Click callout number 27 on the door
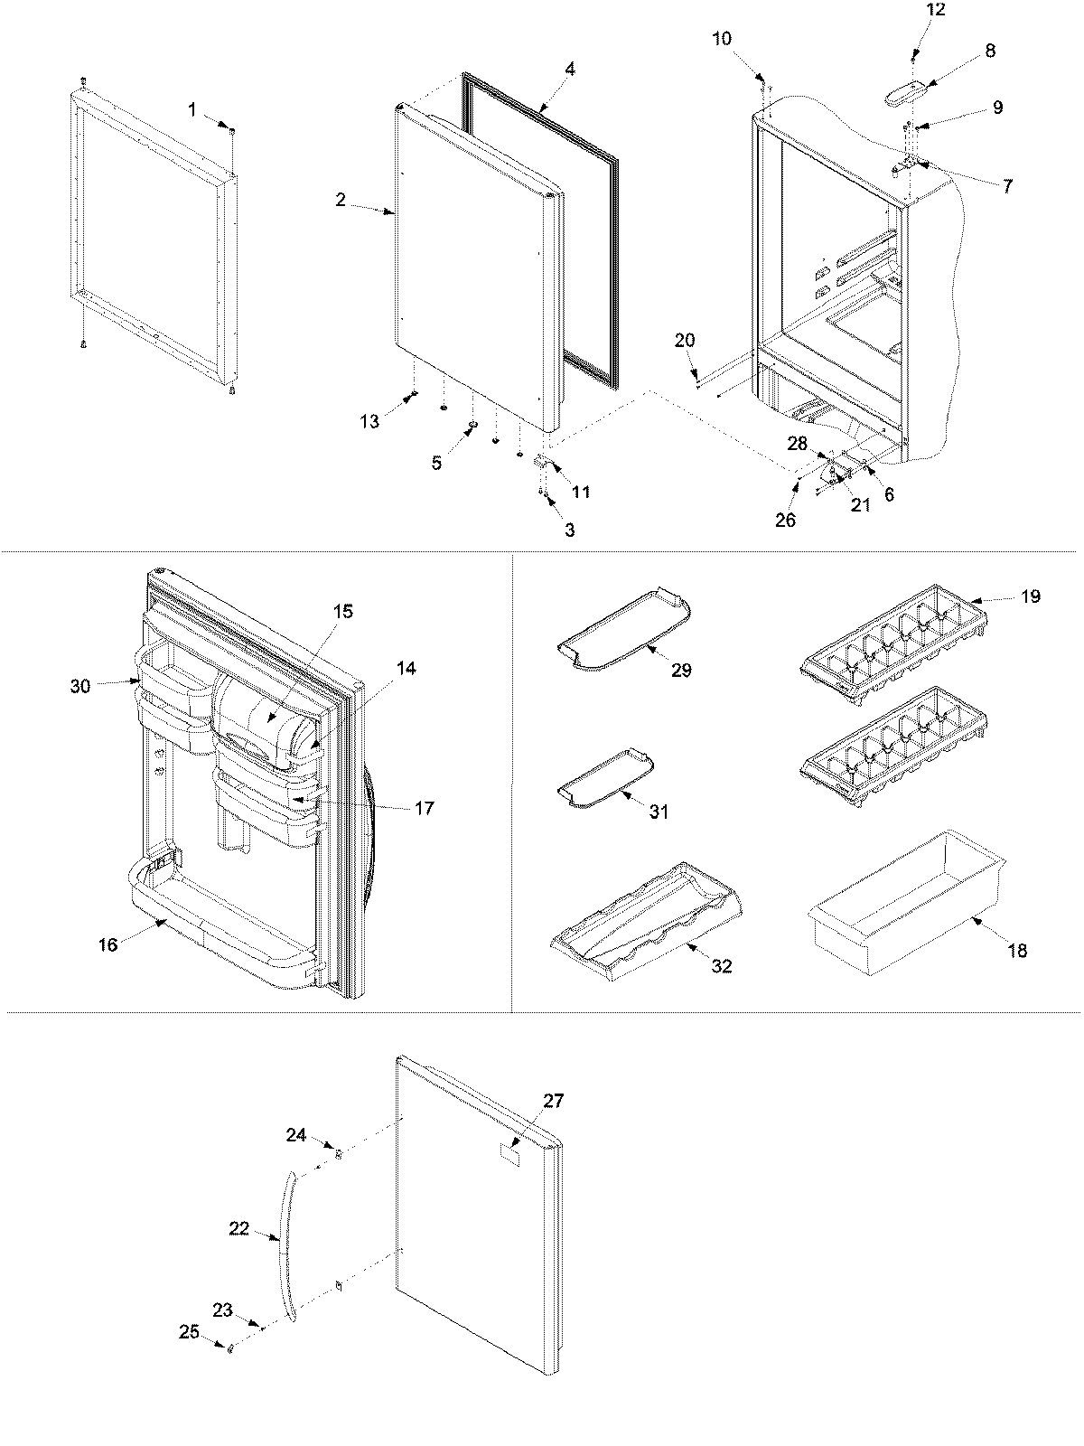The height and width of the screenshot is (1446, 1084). point(553,1101)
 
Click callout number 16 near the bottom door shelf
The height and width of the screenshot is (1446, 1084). point(108,945)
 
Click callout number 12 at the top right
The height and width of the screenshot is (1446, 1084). point(936,10)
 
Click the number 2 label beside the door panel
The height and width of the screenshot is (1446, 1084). point(341,200)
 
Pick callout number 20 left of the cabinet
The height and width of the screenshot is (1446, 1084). point(685,340)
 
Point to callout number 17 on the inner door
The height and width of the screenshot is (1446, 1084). point(424,807)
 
